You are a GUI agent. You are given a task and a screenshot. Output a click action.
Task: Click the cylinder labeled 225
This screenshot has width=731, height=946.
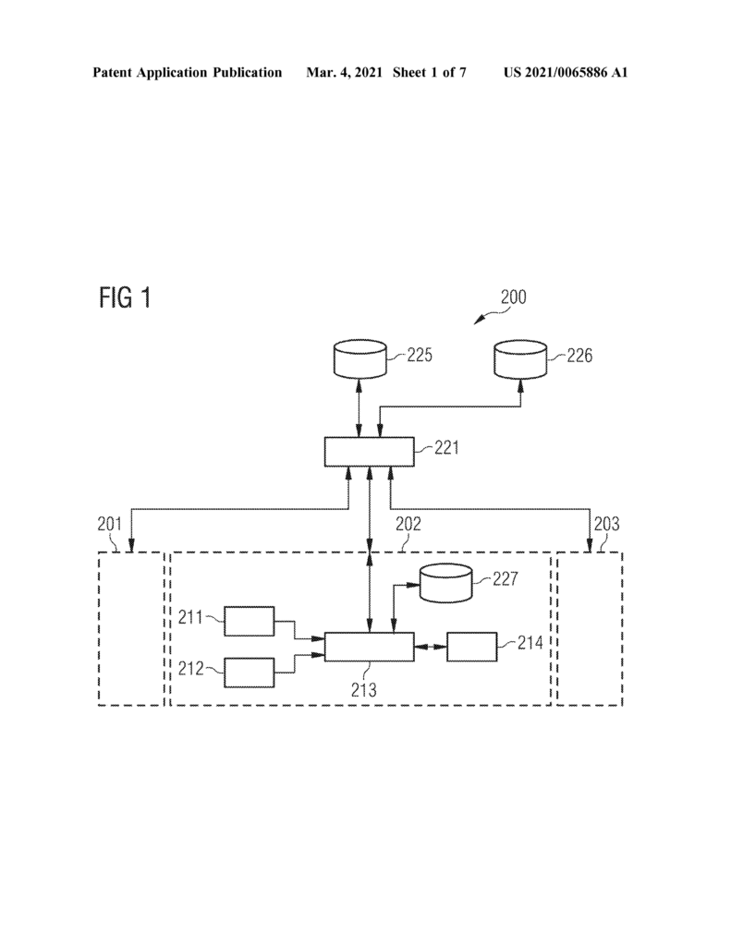coord(359,359)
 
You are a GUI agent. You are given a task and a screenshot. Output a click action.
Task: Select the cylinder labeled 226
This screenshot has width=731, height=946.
coord(520,359)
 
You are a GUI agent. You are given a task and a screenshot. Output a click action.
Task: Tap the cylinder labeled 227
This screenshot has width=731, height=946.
coord(446,583)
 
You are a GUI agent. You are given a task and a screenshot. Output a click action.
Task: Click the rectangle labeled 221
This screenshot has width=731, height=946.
coord(370,452)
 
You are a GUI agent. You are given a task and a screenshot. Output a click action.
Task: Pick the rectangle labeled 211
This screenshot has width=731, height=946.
coord(250,622)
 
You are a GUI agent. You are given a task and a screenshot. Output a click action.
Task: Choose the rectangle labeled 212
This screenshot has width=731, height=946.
coord(250,673)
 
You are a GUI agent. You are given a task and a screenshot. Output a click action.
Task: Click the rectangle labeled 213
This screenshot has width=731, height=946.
coord(370,647)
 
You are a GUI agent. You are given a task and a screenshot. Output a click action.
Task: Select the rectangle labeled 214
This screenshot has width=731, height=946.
coord(472,647)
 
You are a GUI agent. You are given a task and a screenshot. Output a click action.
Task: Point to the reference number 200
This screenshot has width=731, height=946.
coord(514,297)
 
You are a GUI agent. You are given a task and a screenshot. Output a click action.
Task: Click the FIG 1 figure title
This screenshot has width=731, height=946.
coord(125,298)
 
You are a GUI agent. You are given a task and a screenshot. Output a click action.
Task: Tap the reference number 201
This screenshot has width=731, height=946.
coord(110,524)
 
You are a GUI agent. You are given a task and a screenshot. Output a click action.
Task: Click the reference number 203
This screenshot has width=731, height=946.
coord(606,524)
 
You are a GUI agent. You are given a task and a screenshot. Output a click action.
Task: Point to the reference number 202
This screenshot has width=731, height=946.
coord(408,524)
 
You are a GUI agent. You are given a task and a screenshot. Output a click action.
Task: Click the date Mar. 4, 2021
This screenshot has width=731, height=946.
coord(344,72)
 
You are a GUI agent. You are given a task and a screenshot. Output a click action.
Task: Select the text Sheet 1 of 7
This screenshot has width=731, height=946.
coord(429,72)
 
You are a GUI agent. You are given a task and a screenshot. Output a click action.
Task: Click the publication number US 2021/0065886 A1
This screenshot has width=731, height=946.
coord(566,72)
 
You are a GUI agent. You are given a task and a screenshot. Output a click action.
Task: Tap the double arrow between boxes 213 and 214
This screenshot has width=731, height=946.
coord(431,647)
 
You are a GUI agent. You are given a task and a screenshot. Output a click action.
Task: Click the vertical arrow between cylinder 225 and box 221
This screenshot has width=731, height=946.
coord(359,407)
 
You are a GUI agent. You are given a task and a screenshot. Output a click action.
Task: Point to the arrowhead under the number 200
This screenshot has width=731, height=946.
coord(477,321)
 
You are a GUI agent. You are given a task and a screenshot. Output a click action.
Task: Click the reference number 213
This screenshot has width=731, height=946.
coord(364,689)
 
